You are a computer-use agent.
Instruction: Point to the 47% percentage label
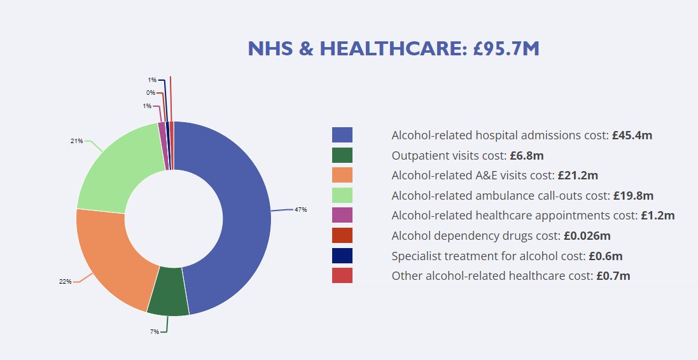coord(300,209)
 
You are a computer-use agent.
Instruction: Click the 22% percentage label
coord(65,282)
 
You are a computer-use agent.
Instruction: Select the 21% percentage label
coord(76,141)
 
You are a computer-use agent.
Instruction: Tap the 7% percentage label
coord(155,332)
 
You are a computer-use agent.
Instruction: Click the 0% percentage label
coord(150,93)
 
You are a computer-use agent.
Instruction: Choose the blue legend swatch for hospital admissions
coord(342,135)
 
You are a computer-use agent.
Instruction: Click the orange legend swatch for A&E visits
coord(342,175)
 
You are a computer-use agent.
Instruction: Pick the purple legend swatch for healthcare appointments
coord(342,215)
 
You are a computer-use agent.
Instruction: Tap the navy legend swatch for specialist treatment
coord(342,256)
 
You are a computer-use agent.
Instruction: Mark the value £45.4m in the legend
coord(632,135)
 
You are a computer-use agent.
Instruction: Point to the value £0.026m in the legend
coord(587,236)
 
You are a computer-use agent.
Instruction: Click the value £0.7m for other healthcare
coord(613,276)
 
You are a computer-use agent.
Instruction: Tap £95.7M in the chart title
coord(506,48)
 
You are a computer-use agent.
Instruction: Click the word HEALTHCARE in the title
coord(388,48)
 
